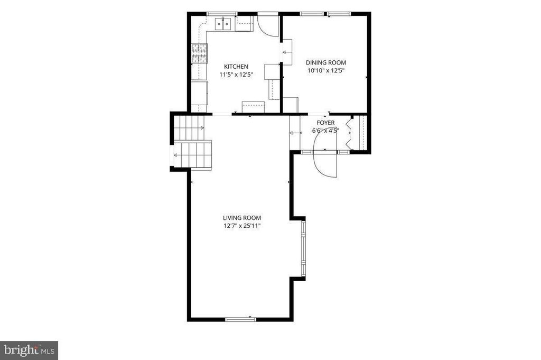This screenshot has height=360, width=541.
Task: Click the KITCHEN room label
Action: click(236, 67)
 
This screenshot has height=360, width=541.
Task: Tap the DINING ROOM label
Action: click(326, 62)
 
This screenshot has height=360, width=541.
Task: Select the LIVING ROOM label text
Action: click(242, 218)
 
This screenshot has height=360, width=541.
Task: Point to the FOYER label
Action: click(325, 123)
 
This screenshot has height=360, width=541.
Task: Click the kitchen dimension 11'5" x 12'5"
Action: click(236, 74)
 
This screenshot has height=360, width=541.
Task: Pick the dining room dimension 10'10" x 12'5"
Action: click(326, 70)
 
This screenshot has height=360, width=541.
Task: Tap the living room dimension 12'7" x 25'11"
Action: click(242, 226)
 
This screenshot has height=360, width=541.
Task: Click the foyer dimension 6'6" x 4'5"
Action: click(325, 131)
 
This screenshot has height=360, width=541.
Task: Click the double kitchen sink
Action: click(223, 24)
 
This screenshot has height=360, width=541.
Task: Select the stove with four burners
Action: click(200, 53)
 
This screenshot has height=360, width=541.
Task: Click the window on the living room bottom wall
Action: click(241, 319)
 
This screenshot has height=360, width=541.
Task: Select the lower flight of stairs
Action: click(192, 155)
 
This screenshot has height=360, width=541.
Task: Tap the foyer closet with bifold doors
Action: click(359, 133)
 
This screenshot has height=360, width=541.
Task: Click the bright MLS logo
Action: click(29, 350)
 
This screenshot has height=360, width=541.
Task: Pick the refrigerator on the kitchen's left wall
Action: click(200, 93)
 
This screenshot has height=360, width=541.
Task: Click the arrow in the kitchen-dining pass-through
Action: click(286, 52)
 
